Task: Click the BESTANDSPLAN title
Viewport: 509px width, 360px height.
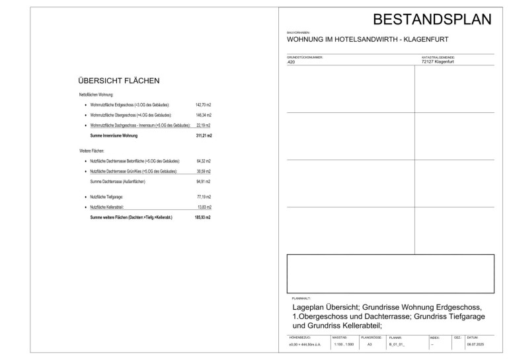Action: pyautogui.click(x=432, y=18)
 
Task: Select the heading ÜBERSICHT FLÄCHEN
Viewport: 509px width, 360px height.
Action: pyautogui.click(x=119, y=81)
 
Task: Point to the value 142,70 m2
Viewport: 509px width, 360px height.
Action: pyautogui.click(x=203, y=105)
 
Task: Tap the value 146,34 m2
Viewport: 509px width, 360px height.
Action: pyautogui.click(x=203, y=115)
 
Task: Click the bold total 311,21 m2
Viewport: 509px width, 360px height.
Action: pyautogui.click(x=203, y=135)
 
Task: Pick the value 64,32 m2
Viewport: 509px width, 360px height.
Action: pyautogui.click(x=203, y=161)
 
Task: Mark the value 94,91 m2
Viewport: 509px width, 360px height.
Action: pyautogui.click(x=203, y=181)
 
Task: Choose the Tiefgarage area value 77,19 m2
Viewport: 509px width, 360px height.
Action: pyautogui.click(x=203, y=197)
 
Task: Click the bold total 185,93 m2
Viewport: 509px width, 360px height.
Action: pyautogui.click(x=203, y=217)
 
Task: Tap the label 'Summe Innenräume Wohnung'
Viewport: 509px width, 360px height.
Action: pyautogui.click(x=114, y=135)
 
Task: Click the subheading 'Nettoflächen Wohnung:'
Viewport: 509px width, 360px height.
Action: pyautogui.click(x=97, y=95)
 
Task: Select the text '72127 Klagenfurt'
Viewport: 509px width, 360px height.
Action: pyautogui.click(x=438, y=61)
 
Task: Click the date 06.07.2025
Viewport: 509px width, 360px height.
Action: pyautogui.click(x=475, y=344)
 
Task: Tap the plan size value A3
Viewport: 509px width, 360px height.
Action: pyautogui.click(x=370, y=344)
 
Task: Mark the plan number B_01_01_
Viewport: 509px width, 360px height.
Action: pyautogui.click(x=396, y=344)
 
